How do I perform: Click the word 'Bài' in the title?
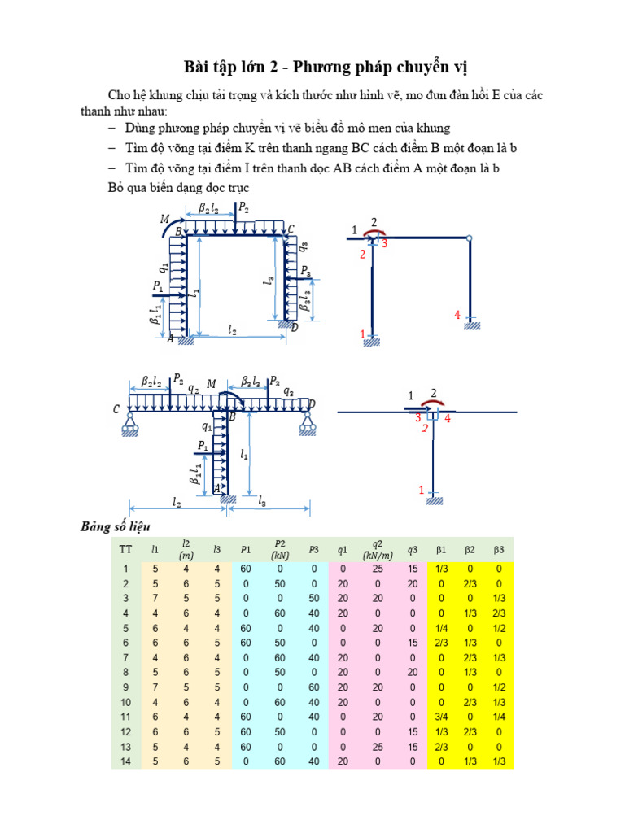(x=199, y=66)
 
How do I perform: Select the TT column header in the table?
(x=125, y=549)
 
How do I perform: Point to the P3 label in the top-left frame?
(x=305, y=271)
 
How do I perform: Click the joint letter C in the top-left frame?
(x=291, y=230)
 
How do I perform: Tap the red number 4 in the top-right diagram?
(x=457, y=314)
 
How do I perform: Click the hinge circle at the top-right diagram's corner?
(x=470, y=238)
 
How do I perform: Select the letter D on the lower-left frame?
(x=312, y=404)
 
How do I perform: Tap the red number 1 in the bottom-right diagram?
(x=422, y=490)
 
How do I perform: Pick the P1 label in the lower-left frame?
(x=203, y=446)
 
